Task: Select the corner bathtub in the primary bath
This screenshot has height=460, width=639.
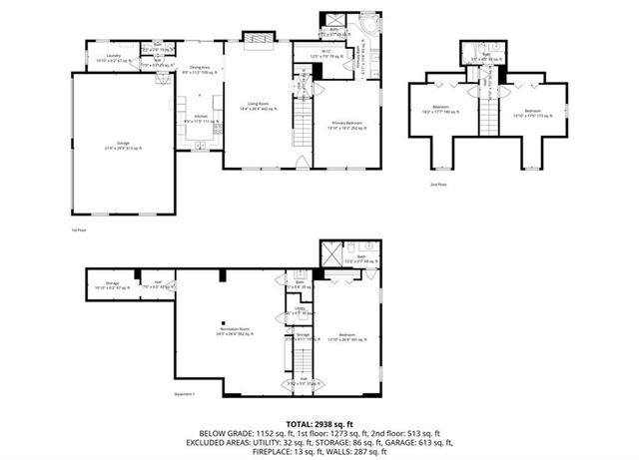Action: tap(369, 27)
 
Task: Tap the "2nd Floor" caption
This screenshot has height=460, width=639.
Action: tap(436, 185)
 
